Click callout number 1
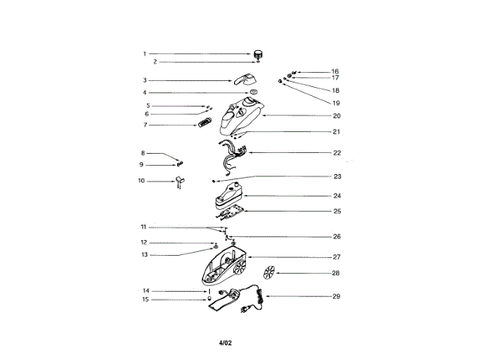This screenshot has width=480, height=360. coord(145,54)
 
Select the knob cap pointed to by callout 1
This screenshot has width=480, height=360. coord(259,53)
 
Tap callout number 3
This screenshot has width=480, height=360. coord(145,80)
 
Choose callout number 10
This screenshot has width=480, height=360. coord(141,181)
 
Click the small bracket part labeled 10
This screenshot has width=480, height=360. coord(179,181)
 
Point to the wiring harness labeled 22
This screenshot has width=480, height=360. coord(233,155)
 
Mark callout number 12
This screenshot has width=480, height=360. coord(144,243)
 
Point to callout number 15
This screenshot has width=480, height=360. coord(145,299)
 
